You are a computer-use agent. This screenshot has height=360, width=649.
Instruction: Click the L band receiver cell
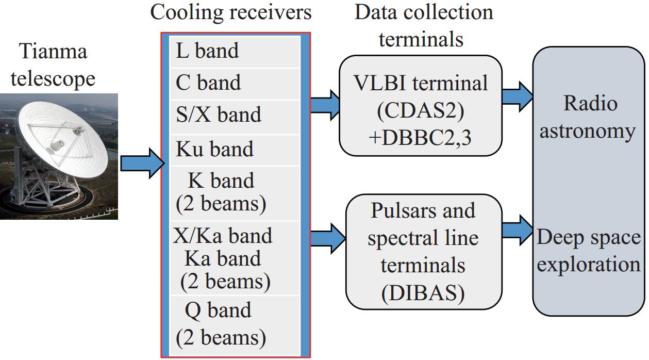235,52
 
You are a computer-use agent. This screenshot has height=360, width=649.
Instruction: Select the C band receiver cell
235,84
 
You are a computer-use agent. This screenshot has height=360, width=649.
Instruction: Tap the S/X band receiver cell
235,117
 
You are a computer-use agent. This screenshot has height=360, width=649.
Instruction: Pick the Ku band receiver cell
235,150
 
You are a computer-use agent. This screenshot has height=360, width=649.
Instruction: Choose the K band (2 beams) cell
235,193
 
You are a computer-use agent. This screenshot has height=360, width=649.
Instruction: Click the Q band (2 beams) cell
235,326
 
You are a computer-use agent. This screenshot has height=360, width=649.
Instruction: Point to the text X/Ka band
223,236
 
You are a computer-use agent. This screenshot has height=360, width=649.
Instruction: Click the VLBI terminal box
421,106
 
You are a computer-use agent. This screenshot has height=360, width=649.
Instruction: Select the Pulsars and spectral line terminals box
424,252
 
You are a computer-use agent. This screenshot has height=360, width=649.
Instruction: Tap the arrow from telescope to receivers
142,163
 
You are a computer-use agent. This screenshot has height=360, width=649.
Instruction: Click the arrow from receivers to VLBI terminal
325,105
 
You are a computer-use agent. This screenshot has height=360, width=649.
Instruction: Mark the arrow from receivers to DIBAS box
328,238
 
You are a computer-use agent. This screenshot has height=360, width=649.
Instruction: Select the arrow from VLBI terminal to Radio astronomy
518,96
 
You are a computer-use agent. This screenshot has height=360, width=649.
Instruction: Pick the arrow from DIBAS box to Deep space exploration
518,231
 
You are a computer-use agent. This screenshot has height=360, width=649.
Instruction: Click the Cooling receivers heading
231,12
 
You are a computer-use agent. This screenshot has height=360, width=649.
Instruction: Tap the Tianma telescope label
53,65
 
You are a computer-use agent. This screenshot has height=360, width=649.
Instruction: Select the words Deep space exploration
589,251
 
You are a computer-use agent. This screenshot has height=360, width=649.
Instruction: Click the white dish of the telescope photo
64,136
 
